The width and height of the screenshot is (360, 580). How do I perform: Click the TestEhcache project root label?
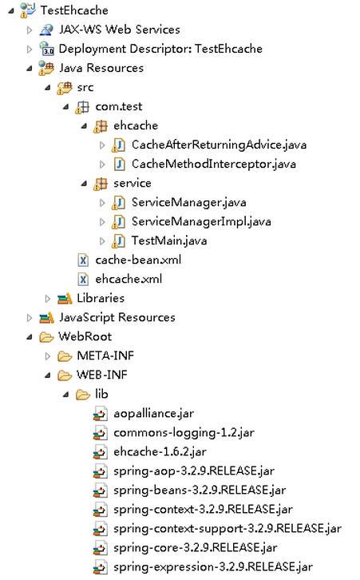pyautogui.click(x=74, y=10)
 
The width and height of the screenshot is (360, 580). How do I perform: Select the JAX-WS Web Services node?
pyautogui.click(x=120, y=30)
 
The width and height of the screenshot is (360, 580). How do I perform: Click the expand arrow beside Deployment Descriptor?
pyautogui.click(x=30, y=49)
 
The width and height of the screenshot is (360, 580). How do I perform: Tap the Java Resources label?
pyautogui.click(x=101, y=68)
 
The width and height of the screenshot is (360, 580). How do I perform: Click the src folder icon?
pyautogui.click(x=65, y=88)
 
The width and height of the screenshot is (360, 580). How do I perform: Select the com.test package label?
pyautogui.click(x=119, y=106)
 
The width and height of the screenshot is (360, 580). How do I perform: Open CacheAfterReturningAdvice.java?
pyautogui.click(x=219, y=145)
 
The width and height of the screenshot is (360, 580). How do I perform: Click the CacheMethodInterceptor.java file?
pyautogui.click(x=214, y=165)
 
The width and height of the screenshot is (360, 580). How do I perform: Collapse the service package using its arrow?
pyautogui.click(x=85, y=184)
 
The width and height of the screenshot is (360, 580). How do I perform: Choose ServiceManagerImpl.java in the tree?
pyautogui.click(x=201, y=221)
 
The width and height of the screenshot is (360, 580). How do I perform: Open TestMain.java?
pyautogui.click(x=169, y=240)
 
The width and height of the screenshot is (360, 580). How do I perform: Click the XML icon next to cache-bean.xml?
pyautogui.click(x=83, y=260)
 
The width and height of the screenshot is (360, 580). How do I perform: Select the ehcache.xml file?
pyautogui.click(x=129, y=280)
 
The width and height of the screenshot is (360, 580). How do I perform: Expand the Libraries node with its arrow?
pyautogui.click(x=48, y=299)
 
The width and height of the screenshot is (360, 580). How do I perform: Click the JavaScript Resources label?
pyautogui.click(x=117, y=317)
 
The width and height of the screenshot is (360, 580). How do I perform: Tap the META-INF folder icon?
pyautogui.click(x=65, y=356)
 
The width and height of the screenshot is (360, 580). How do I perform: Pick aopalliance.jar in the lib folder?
pyautogui.click(x=153, y=414)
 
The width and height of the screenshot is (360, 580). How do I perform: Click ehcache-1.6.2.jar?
pyautogui.click(x=160, y=451)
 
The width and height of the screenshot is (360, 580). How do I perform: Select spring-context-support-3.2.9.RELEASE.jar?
pyautogui.click(x=227, y=529)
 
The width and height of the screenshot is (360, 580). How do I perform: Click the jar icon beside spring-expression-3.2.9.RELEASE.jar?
pyautogui.click(x=100, y=567)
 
